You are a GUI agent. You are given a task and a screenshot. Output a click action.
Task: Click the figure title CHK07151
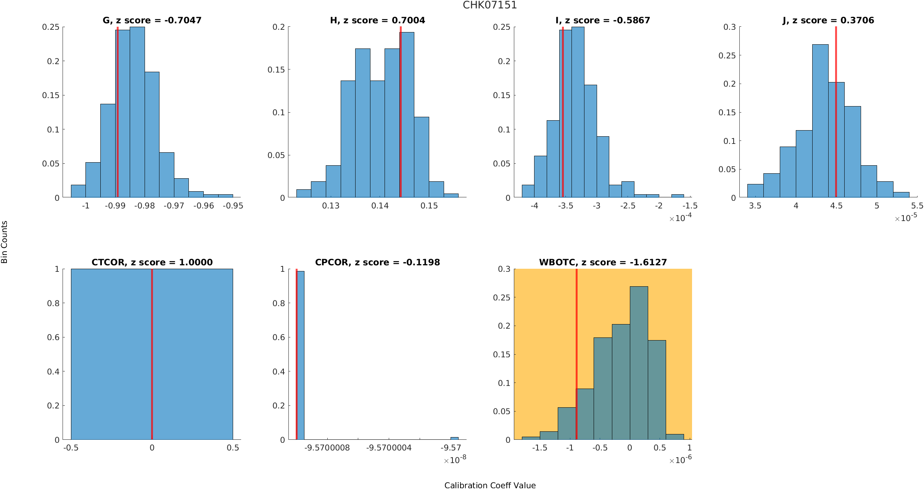[x=489, y=5]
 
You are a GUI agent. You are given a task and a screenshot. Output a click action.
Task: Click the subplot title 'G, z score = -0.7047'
[x=152, y=20]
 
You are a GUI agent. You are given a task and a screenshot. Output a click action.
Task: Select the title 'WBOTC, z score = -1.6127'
[x=603, y=262]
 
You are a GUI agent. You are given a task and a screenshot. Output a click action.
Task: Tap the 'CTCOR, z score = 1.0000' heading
[x=152, y=262]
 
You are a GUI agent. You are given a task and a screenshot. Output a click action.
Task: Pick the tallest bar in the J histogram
[x=820, y=122]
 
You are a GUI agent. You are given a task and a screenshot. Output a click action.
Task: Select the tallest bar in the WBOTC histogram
[x=639, y=363]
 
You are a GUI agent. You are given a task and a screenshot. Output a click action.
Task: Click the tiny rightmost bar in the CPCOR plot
[x=454, y=438]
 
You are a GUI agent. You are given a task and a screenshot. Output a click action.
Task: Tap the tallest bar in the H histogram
[x=407, y=115]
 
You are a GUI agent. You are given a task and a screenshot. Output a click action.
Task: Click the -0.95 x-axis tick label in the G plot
[x=233, y=206]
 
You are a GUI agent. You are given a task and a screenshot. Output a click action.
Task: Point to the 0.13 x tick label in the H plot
[x=330, y=206]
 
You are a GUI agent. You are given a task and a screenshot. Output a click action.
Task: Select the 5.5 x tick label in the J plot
[x=917, y=206]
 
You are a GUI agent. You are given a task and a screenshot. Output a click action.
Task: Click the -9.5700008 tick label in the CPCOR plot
[x=327, y=448]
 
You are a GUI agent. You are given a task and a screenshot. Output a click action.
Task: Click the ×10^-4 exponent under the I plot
[x=680, y=218]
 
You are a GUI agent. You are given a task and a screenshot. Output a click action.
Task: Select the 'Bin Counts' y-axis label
[x=5, y=242]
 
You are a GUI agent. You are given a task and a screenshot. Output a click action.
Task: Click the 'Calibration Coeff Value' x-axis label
[x=490, y=485]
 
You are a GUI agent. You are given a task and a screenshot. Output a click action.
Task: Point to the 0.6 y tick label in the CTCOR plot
[x=53, y=337]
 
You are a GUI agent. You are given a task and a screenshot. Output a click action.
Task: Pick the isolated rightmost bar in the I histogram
[x=678, y=196]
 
